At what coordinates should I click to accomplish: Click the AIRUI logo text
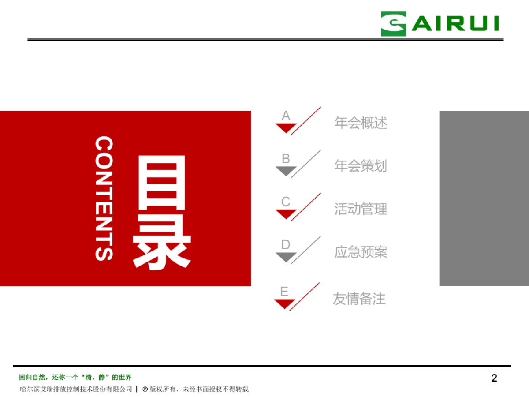point(455,24)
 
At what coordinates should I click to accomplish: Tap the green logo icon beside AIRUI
point(394,24)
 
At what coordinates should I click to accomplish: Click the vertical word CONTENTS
point(104,198)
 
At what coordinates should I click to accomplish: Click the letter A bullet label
point(286,116)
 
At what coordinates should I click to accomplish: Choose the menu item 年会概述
point(361,123)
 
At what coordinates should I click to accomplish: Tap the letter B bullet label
point(286,159)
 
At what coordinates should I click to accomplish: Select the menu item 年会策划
point(361,166)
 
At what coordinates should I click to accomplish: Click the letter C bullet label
point(286,202)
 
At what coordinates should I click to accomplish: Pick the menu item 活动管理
point(361,209)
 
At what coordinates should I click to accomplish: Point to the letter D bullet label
point(286,245)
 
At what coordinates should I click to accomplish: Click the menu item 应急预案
point(361,252)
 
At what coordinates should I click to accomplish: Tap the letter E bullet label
point(284,292)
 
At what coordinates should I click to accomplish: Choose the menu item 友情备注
point(359,299)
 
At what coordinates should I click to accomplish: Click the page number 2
point(494,378)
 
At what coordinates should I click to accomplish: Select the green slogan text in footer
point(75,377)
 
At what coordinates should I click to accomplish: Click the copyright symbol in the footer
point(145,389)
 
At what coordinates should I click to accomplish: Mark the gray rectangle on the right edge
point(484,198)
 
